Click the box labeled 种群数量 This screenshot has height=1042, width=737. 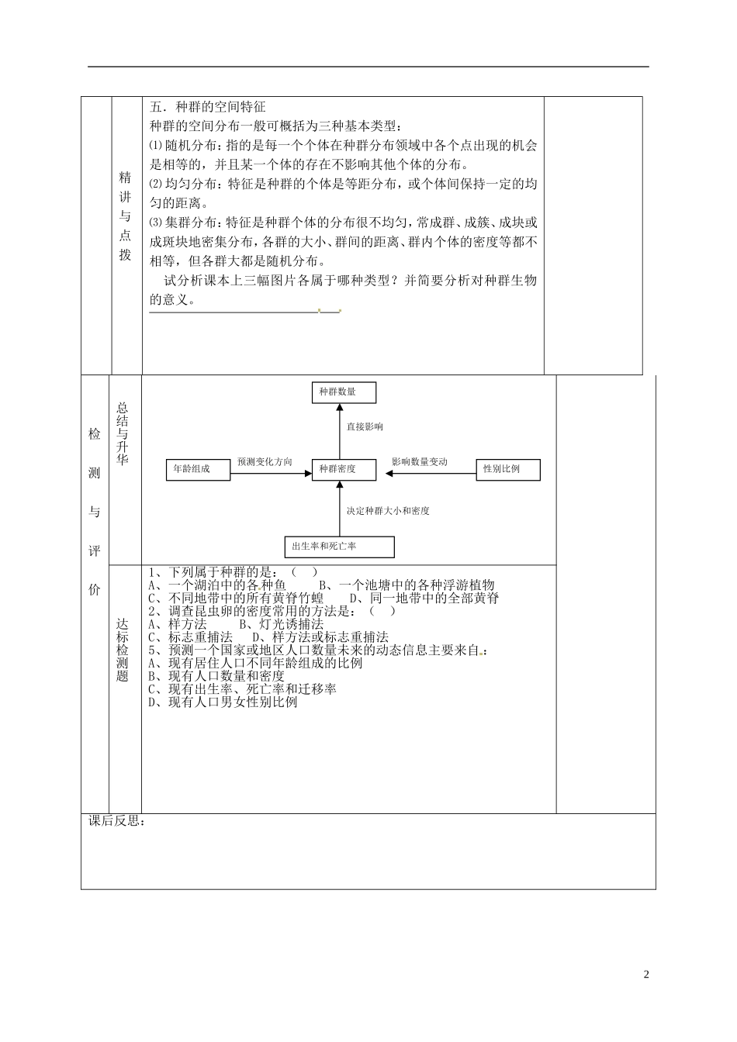(344, 392)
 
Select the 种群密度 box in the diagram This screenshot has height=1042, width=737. (344, 470)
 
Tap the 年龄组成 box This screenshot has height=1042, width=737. (198, 470)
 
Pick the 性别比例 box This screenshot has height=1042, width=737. (508, 470)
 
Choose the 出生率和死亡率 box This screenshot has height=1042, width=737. (340, 547)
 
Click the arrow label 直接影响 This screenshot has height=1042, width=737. (365, 427)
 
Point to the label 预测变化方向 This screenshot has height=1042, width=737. (265, 462)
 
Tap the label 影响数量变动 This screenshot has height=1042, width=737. (420, 462)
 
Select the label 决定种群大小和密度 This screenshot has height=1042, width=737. (388, 512)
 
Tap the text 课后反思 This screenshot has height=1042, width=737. (116, 822)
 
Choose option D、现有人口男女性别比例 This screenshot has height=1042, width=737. (223, 702)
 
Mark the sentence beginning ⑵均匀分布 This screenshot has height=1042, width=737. (343, 185)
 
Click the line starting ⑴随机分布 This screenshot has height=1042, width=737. (343, 146)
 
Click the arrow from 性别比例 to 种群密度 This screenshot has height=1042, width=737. (427, 471)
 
